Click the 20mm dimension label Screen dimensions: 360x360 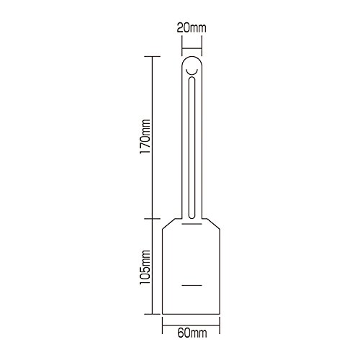pyautogui.click(x=192, y=28)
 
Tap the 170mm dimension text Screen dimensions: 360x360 pyautogui.click(x=145, y=137)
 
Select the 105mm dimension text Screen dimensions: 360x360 pyautogui.click(x=145, y=267)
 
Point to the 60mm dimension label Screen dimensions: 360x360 pyautogui.click(x=192, y=333)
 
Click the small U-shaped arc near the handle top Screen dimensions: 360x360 pyautogui.click(x=192, y=73)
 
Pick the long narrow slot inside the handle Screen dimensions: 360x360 pyautogui.click(x=192, y=148)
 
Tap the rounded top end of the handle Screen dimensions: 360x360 pyautogui.click(x=192, y=57)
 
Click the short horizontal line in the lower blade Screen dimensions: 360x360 pyautogui.click(x=192, y=285)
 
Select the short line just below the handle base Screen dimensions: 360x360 pyautogui.click(x=192, y=224)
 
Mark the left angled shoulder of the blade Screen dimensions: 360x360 pyautogui.click(x=168, y=223)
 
